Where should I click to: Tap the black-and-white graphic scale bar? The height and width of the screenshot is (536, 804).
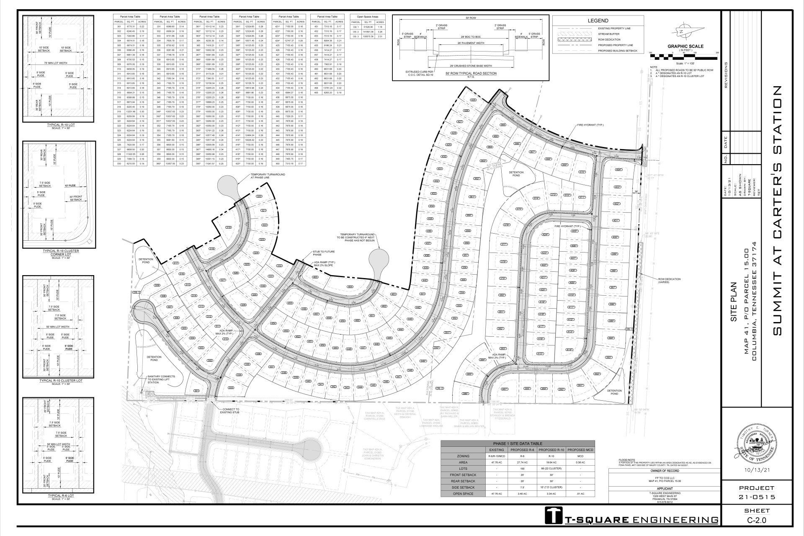click(683, 54)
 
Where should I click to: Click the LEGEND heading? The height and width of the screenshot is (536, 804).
click(598, 21)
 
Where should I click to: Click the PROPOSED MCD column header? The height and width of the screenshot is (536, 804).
click(580, 450)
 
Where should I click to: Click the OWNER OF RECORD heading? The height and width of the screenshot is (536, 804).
click(665, 471)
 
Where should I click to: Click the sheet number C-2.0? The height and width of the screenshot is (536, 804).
click(756, 521)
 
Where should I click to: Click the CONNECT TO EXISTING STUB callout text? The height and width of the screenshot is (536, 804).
click(228, 411)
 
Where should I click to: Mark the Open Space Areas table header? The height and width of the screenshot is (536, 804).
click(367, 17)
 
